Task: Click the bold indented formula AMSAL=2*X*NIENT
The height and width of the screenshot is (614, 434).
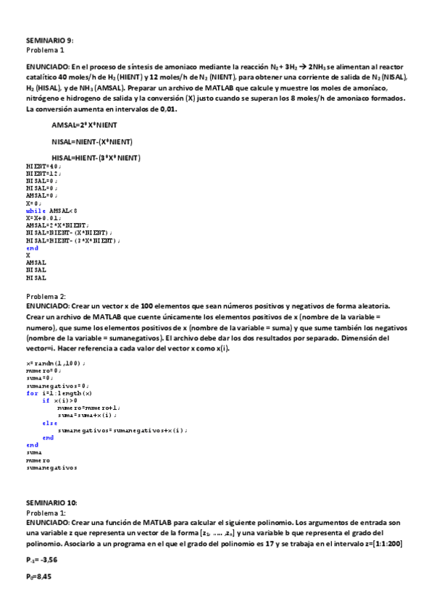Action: tap(84, 125)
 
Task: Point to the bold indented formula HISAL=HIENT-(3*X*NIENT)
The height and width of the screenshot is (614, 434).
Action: tap(96, 158)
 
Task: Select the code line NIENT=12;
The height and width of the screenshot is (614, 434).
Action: tap(43, 173)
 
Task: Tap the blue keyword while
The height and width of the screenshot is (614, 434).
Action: tap(36, 210)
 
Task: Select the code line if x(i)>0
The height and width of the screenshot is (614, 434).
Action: tap(60, 400)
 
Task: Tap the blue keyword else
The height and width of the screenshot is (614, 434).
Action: tap(49, 423)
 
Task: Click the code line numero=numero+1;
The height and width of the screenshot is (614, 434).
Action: tap(90, 408)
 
